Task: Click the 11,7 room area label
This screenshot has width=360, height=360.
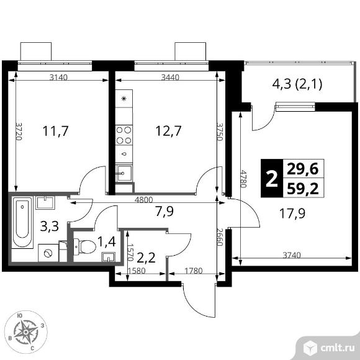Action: coord(56,131)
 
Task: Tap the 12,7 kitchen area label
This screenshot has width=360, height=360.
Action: coord(168,131)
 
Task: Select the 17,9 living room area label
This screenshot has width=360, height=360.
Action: coord(292,214)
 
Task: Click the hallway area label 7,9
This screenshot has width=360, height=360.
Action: coord(164,212)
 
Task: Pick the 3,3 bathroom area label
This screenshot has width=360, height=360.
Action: coord(50,226)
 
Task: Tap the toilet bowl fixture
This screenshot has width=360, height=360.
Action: coord(84,246)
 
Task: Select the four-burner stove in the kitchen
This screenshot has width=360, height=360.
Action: coord(124,135)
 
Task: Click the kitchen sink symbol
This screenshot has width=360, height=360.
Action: coord(124,173)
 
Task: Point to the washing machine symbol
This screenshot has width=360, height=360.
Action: coord(48,253)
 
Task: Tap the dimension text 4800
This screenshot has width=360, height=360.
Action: coord(144,200)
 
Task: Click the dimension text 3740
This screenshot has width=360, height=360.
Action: coord(291,255)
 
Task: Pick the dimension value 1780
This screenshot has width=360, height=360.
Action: coord(194,271)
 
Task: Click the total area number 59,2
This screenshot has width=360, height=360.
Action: coord(303,189)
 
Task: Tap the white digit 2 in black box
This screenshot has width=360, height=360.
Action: coord(272,178)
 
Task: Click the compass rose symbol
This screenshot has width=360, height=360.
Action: coord(26,332)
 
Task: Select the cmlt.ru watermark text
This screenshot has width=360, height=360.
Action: coord(337,349)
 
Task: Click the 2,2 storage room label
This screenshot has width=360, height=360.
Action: coord(146,258)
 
